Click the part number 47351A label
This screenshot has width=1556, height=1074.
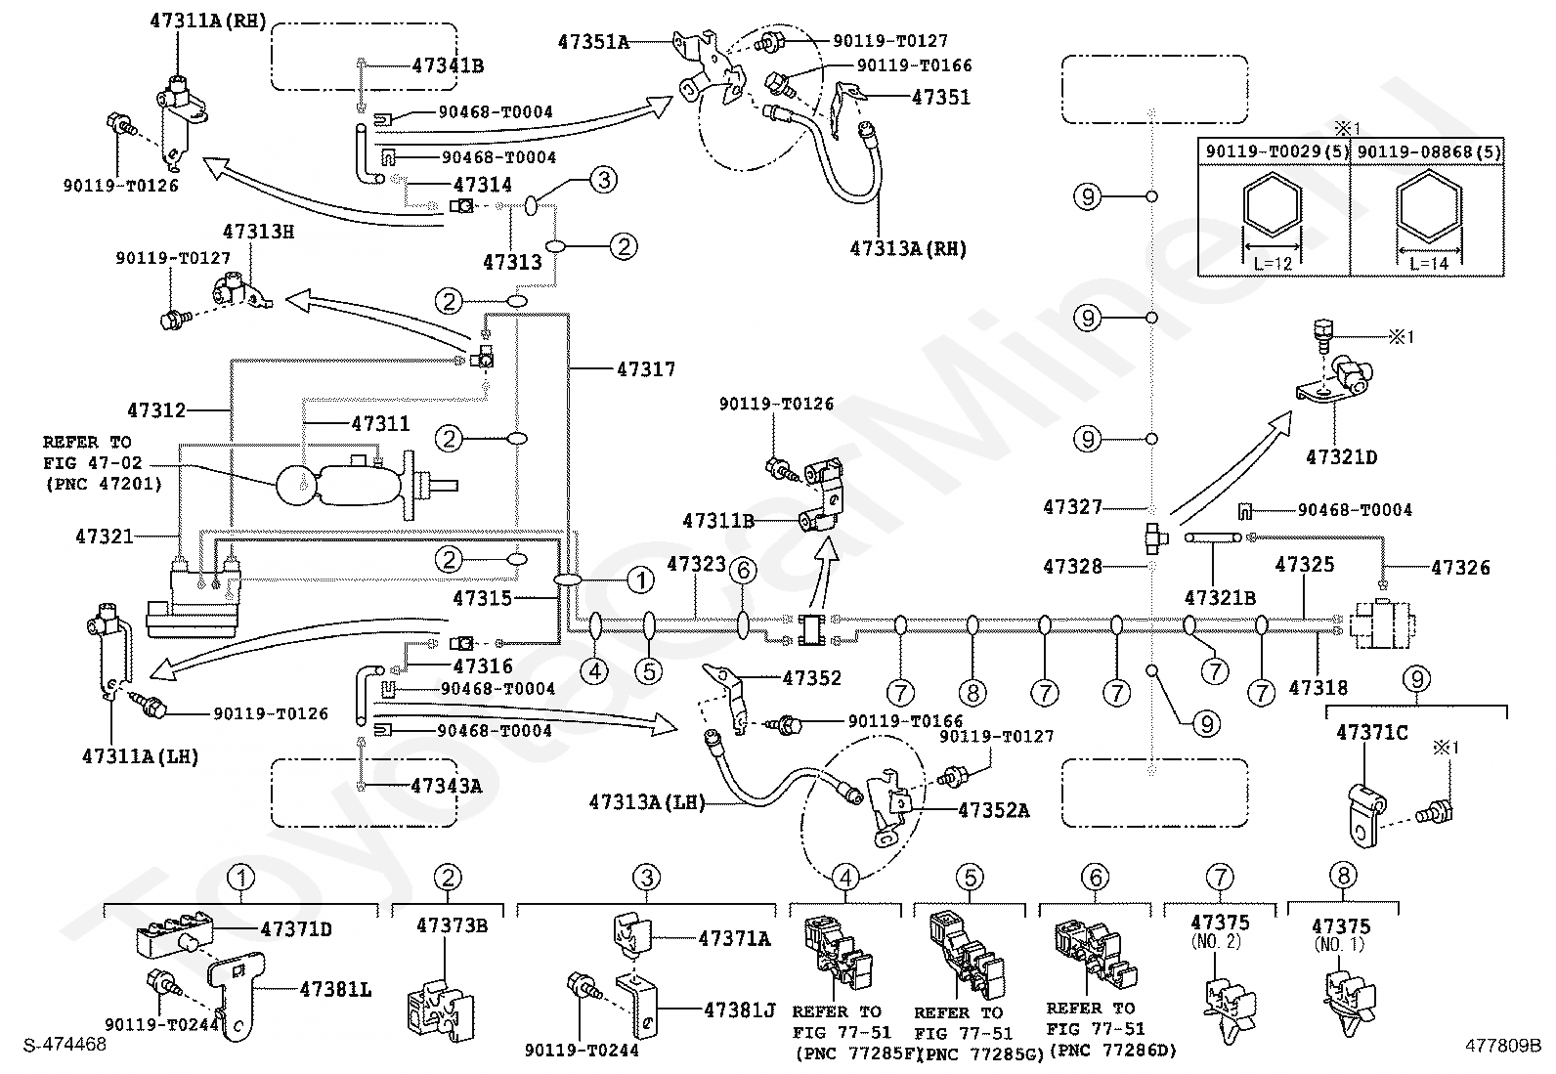coord(593,42)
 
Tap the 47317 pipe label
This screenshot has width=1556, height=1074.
coord(646,368)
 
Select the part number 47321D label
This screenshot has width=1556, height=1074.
coord(1341,457)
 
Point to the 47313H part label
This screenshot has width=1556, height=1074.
coord(258,232)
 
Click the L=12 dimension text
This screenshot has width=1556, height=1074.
coord(1273,263)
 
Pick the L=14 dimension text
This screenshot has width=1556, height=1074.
coord(1429,263)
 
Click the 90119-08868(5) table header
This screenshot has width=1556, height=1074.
coord(1428,152)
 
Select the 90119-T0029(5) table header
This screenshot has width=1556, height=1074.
coord(1276,152)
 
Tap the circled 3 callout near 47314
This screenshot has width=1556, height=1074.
coord(604,180)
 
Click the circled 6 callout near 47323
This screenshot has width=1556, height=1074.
coord(743,571)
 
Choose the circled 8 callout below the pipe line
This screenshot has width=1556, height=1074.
coord(972,693)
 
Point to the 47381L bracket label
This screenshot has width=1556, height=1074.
coord(335,989)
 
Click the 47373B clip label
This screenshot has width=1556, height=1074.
coord(452,925)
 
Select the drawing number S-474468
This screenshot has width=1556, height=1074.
coord(65,1045)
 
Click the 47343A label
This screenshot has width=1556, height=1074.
coord(446,786)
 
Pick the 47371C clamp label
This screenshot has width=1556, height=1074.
coord(1372,733)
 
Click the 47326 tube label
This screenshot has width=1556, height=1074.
coord(1460,568)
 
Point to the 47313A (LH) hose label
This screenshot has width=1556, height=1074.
coord(647,802)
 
